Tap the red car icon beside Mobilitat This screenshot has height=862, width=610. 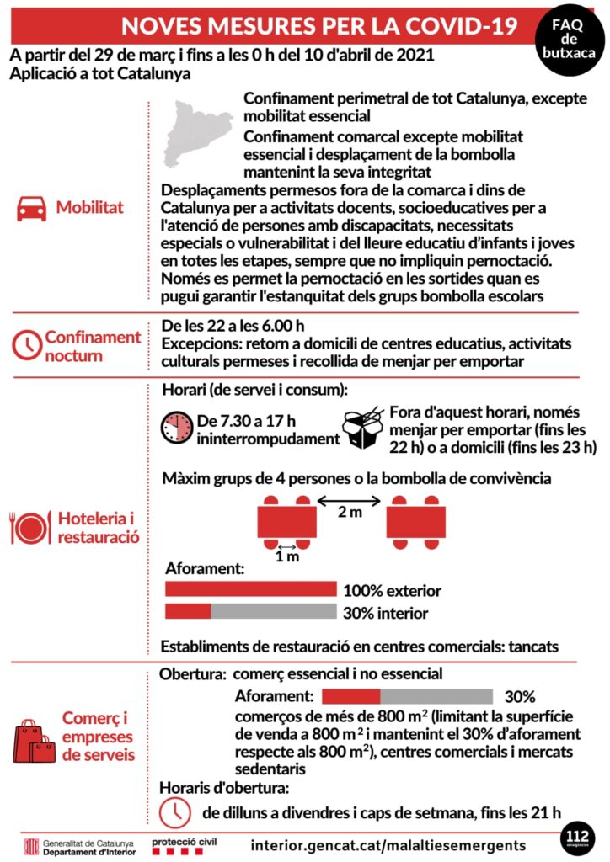(32, 208)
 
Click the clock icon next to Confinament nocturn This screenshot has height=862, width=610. (27, 345)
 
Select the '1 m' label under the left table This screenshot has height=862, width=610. (286, 556)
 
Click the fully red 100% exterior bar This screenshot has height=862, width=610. (250, 589)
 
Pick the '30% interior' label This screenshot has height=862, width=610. (386, 613)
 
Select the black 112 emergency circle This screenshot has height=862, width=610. (577, 838)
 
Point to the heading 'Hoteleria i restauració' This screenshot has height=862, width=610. (99, 526)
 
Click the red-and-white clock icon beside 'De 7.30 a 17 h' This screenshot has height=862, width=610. (177, 428)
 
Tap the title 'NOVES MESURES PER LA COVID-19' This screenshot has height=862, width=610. (318, 25)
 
